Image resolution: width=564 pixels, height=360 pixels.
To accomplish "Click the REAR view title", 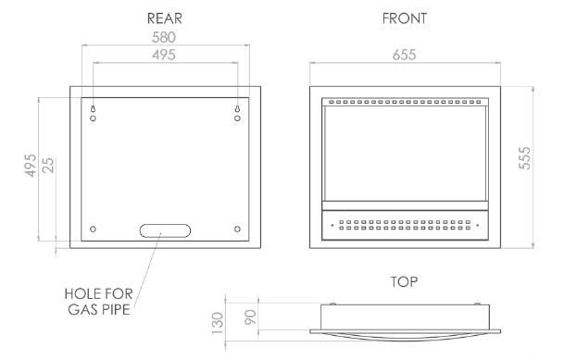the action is coord(164,19).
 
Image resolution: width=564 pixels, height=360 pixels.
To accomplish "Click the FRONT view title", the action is coord(405,19).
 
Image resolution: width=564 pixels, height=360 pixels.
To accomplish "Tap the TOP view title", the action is coord(405,281).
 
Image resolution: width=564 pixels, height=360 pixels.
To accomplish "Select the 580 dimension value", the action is coord(164,37).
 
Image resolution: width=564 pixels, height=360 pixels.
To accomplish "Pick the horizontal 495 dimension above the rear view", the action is coord(164,55).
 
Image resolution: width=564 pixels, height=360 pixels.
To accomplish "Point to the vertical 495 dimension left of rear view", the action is coord(31,166).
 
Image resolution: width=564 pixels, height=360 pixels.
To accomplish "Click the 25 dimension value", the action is coord(48,166).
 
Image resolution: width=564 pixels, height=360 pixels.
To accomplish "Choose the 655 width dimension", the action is coord(405,55).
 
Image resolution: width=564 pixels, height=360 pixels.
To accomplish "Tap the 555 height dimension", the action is coord(524,158).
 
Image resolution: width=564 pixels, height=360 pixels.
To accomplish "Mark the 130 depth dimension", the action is coord(218,323).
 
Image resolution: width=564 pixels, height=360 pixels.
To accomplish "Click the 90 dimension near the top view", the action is coord(250,317).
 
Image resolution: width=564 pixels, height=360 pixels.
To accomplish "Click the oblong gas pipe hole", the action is coord(165,230).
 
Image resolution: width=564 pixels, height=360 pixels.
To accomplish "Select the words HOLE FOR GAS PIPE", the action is coord(98,302).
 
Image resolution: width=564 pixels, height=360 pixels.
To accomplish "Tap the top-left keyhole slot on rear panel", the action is coord(93,109).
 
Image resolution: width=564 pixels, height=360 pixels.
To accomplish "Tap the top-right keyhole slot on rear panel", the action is coord(237,109).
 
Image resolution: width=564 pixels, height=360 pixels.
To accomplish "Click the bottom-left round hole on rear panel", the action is coord(93,229).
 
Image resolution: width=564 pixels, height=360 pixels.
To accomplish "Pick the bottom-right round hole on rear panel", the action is coord(237,229).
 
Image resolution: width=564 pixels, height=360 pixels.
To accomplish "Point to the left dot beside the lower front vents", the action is coord(332,225).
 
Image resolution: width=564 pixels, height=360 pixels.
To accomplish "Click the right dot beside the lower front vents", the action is coord(477,225).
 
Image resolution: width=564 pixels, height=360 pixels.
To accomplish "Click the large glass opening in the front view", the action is coord(405,154).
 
